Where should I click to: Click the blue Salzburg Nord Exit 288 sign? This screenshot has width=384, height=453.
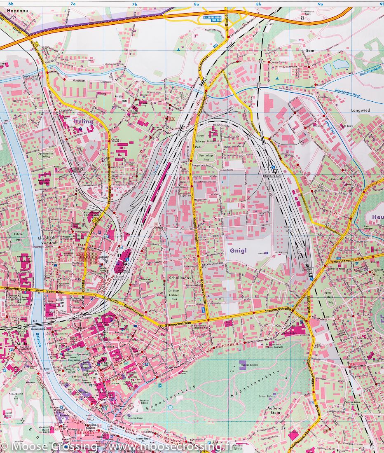212,18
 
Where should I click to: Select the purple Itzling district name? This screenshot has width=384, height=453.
83,121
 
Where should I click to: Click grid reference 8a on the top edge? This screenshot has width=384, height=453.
197,4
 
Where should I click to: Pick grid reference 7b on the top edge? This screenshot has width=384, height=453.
134,4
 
